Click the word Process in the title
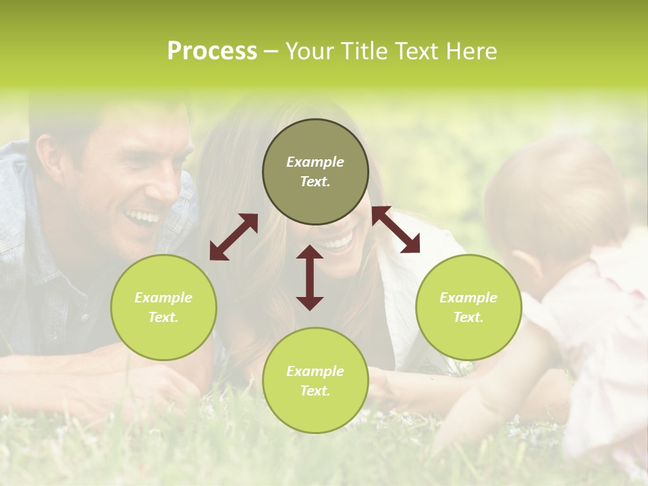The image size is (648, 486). (212, 51)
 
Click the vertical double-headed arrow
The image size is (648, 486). (310, 277)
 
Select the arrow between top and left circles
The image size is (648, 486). (234, 237)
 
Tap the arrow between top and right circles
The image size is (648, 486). (396, 230)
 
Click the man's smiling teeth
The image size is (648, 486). (143, 217)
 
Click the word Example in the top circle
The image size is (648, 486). (315, 162)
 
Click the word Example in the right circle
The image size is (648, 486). (468, 298)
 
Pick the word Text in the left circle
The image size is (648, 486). (163, 317)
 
